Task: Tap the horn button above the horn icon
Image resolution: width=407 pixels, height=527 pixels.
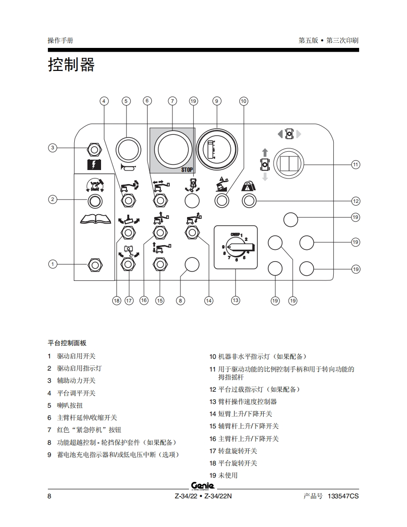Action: point(127,149)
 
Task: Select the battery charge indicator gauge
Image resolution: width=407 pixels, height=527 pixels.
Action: point(217,148)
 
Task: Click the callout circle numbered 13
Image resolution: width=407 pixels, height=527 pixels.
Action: point(235,300)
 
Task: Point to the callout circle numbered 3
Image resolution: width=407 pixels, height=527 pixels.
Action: point(53,148)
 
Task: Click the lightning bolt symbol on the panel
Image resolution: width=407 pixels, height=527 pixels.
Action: point(94,164)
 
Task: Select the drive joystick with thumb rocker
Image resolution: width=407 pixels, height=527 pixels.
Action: point(289,164)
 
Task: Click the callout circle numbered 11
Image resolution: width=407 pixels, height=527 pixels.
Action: point(356,164)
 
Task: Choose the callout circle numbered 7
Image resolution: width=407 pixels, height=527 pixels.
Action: point(172,101)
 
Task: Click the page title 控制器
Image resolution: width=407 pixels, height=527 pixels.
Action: point(71,64)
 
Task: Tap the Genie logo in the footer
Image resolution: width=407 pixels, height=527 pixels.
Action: point(203,486)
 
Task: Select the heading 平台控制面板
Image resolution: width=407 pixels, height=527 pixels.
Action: point(67,343)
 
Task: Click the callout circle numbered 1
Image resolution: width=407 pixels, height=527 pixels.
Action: point(53,264)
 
